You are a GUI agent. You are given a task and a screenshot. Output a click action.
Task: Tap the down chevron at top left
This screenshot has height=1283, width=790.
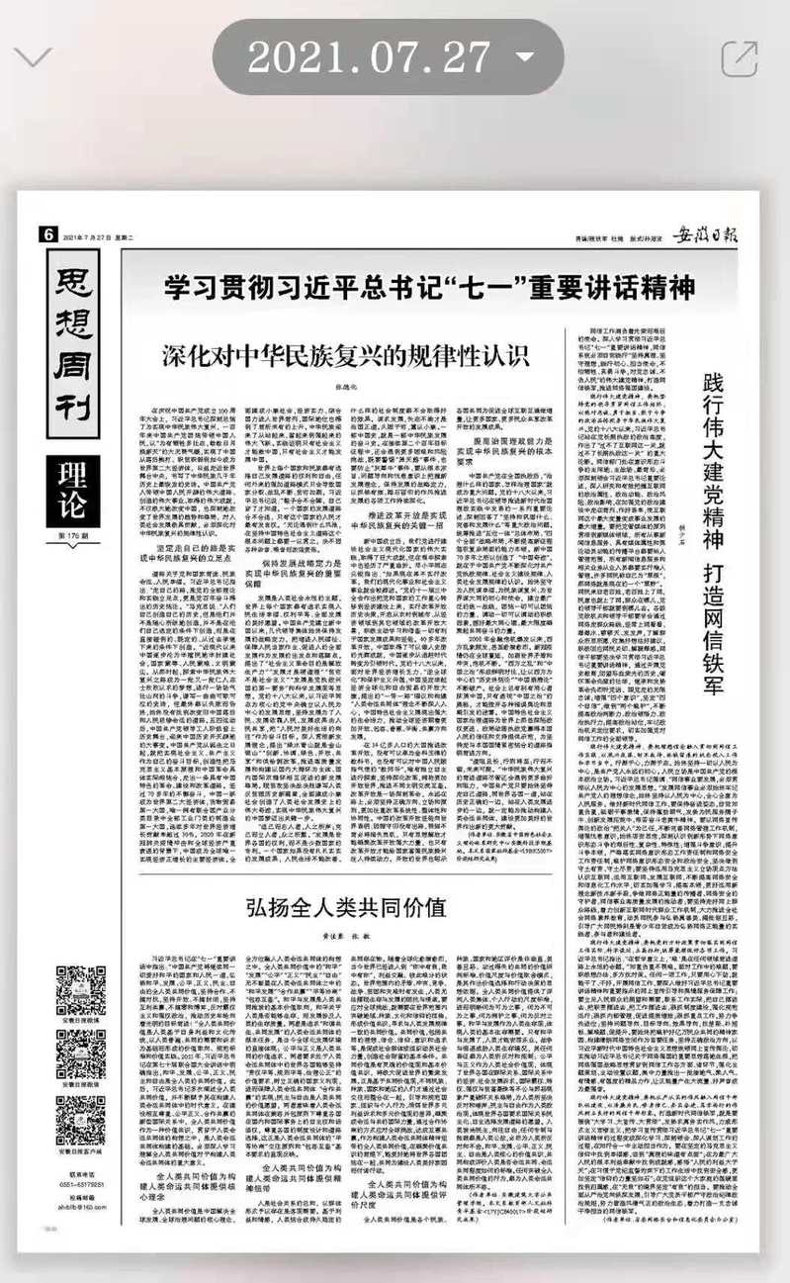point(35,56)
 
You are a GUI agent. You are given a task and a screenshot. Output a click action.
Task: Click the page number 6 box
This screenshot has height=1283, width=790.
point(46,234)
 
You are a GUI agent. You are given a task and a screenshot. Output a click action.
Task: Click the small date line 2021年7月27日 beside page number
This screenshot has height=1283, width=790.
point(92,235)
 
